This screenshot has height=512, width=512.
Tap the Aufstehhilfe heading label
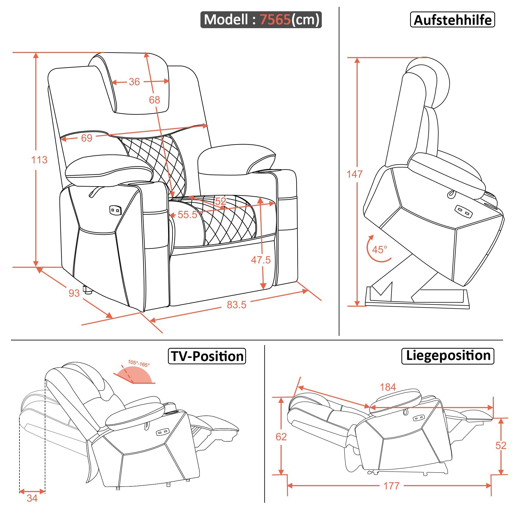pos(452,20)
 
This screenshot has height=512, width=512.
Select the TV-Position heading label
pos(207,356)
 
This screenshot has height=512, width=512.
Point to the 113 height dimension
pos(39,160)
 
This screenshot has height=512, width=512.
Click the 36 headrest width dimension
pos(134,82)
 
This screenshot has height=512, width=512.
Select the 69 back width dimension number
pos(87,138)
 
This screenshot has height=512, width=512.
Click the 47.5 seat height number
pos(261,260)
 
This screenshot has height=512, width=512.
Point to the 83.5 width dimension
pos(236,305)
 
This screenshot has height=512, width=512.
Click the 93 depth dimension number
pos(74,293)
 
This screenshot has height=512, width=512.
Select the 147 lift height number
pos(355,174)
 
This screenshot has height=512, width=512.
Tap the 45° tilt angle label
pos(379,250)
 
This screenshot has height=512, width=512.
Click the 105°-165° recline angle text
pos(139,363)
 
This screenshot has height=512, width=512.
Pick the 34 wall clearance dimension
pos(32,498)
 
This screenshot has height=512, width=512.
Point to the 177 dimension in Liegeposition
pos(391,486)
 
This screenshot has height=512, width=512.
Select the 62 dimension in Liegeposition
pos(281,437)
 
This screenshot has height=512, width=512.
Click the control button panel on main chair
pos(115,210)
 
